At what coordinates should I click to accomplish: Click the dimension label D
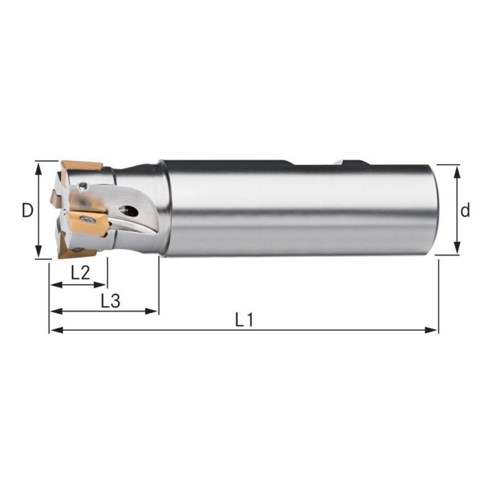click(26, 211)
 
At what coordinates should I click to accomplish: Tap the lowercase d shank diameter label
click(465, 211)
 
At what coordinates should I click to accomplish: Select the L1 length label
click(244, 319)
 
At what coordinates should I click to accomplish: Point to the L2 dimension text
click(80, 273)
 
